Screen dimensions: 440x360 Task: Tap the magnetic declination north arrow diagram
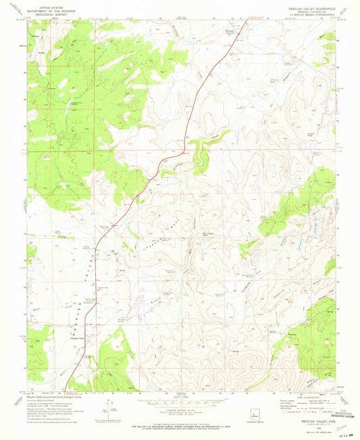[108, 407]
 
